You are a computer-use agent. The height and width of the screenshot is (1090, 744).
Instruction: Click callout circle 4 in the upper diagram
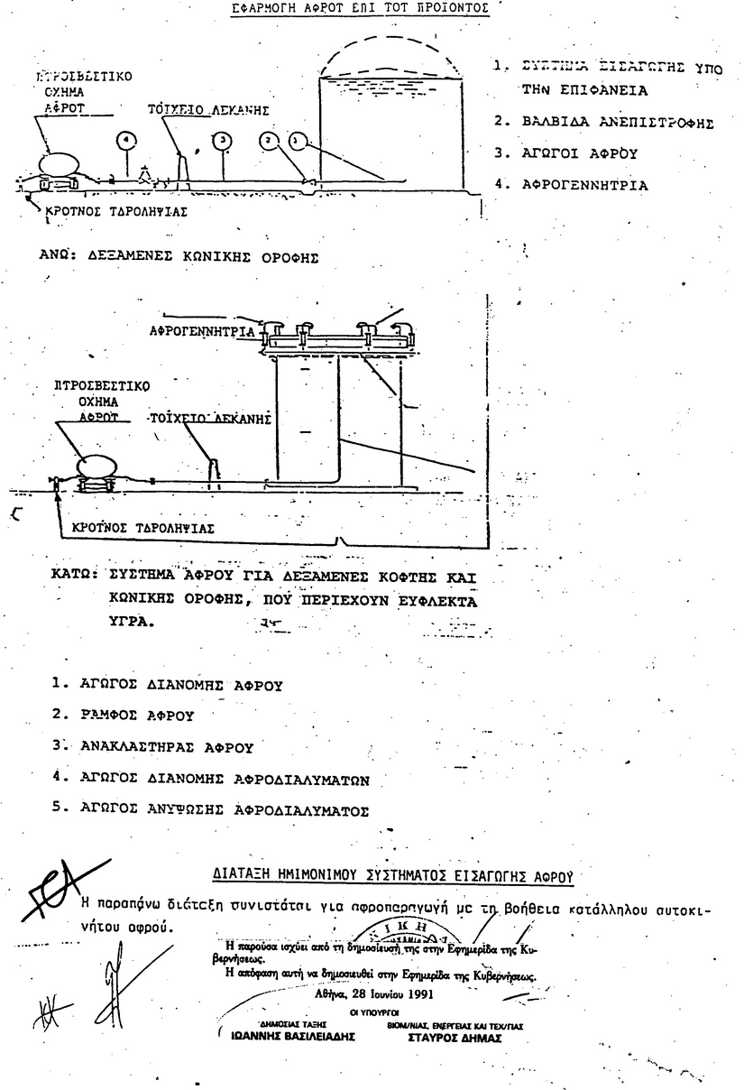click(127, 141)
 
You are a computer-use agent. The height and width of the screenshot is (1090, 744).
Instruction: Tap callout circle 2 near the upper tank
click(268, 141)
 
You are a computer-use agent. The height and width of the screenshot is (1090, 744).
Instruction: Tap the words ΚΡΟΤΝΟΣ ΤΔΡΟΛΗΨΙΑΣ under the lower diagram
click(138, 528)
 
